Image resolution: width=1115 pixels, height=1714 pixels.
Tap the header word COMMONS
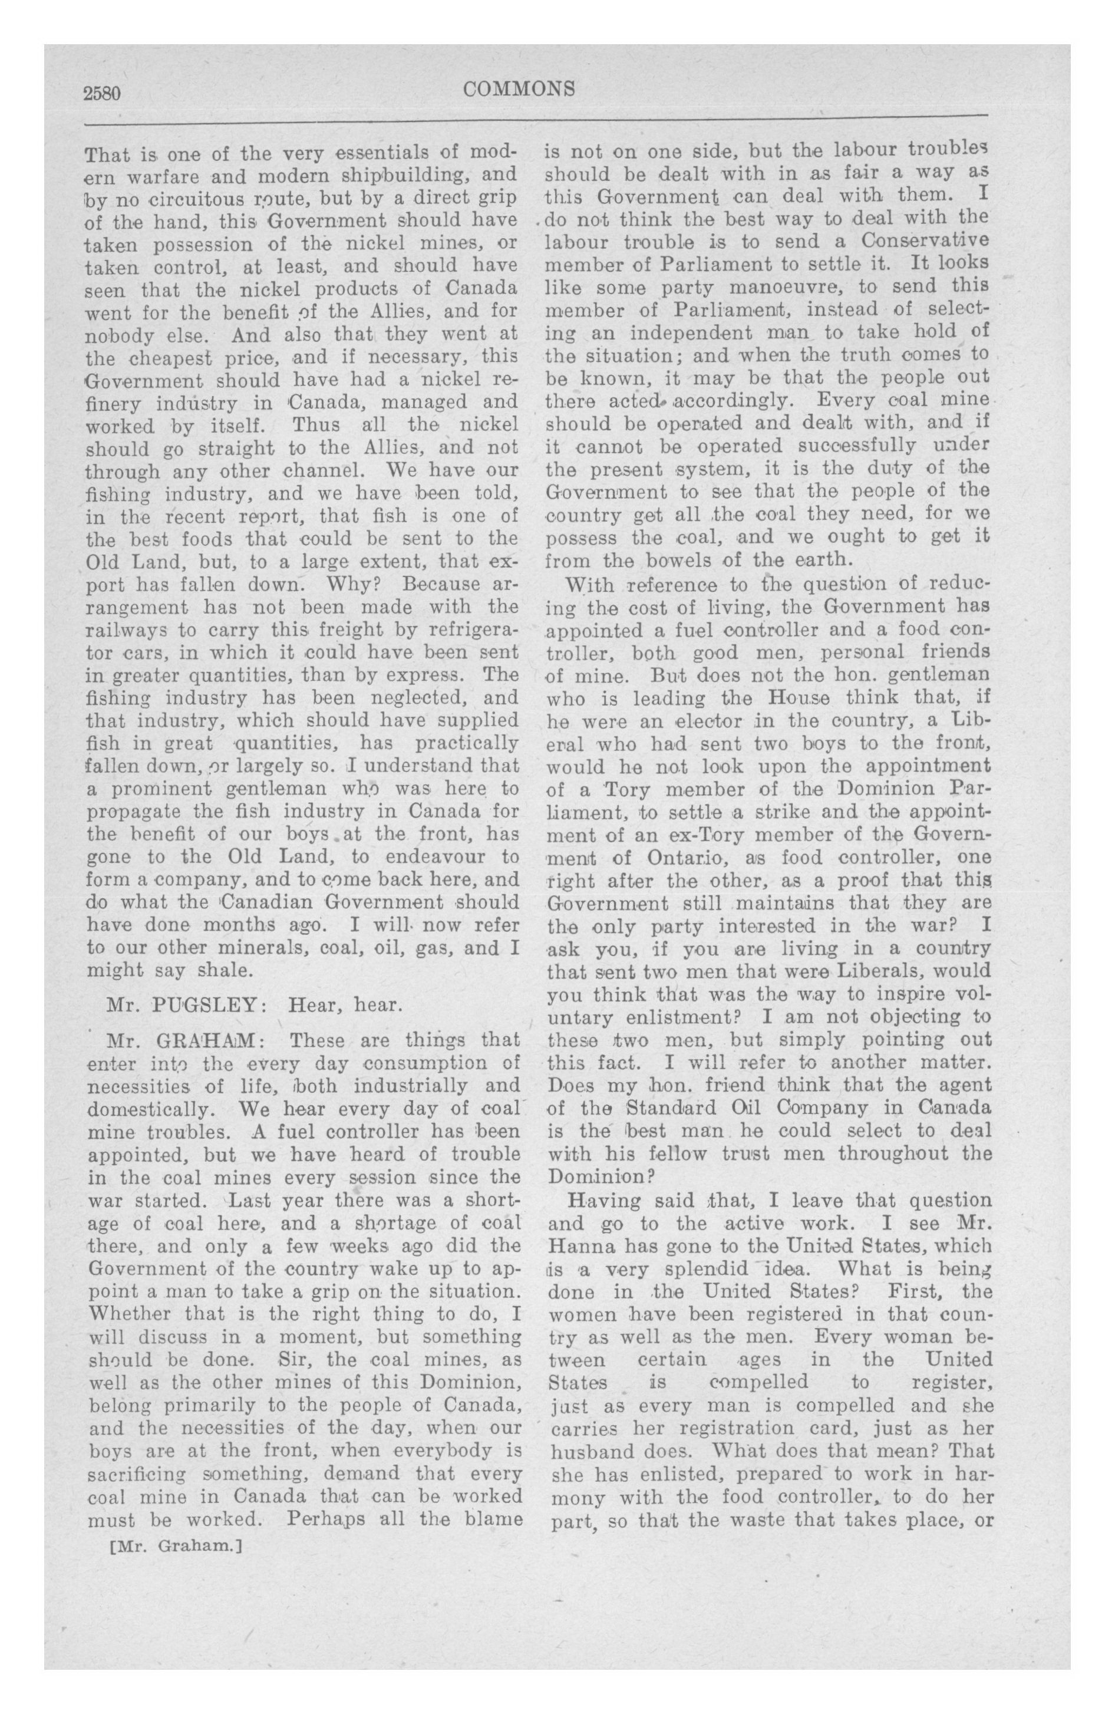point(519,90)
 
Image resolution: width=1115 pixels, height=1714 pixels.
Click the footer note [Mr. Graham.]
point(173,1545)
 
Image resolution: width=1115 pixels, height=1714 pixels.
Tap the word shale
point(224,970)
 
